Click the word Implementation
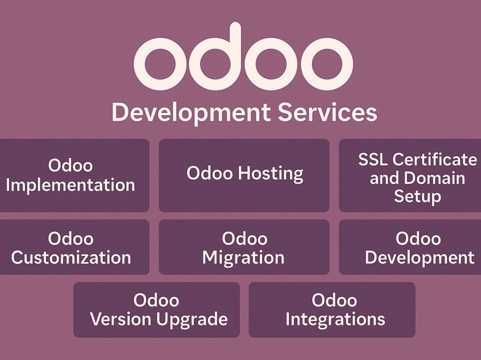tap(70, 185)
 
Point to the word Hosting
tap(271, 173)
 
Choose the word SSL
tap(373, 160)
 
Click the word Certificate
tap(435, 160)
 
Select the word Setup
tap(418, 196)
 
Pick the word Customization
tap(71, 257)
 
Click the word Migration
tap(243, 258)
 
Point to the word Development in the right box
tap(419, 257)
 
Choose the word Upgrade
tap(192, 320)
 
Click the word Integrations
tap(335, 320)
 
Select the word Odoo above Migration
tap(244, 238)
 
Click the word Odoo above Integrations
tap(334, 300)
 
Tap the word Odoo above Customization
tap(71, 238)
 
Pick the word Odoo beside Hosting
tap(210, 173)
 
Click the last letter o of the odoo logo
tap(327, 64)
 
